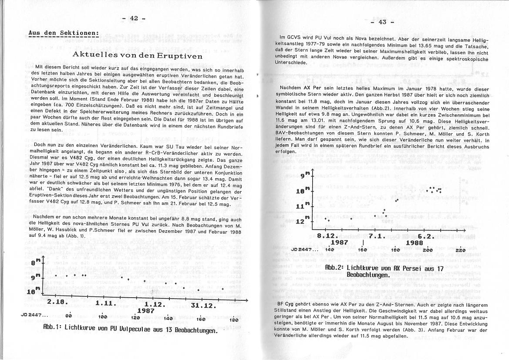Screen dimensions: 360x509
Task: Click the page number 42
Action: pos(133,18)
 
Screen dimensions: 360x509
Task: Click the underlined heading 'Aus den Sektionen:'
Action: pos(64,33)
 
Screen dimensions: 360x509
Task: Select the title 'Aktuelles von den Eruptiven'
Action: pos(138,56)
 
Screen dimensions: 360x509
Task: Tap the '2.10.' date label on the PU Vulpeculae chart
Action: pos(57,302)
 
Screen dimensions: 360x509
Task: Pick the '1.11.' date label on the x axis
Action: pos(104,303)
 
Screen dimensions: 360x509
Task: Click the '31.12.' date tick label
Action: pos(203,305)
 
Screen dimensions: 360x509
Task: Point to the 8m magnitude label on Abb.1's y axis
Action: pos(38,263)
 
